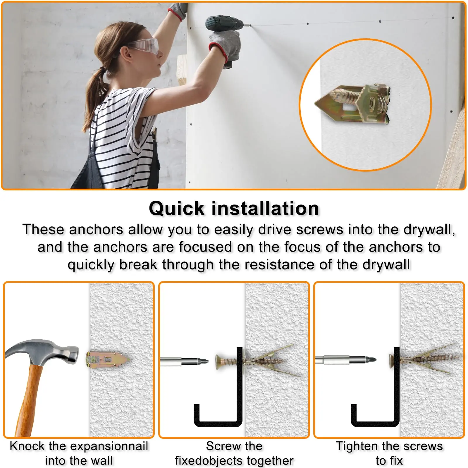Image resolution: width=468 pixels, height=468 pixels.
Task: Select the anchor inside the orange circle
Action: [x=352, y=104]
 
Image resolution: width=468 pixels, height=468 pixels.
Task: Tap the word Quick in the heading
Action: [x=177, y=209]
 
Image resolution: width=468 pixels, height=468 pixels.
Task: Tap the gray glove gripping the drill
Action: [x=225, y=47]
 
